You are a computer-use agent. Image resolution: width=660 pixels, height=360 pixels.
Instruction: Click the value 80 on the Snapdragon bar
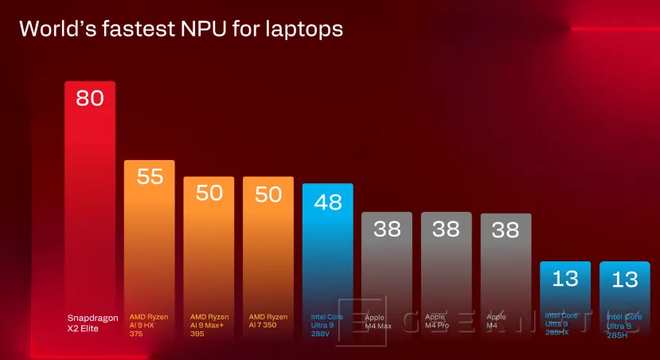pos(90,99)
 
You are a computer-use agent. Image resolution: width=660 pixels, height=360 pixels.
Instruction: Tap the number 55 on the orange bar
pos(150,176)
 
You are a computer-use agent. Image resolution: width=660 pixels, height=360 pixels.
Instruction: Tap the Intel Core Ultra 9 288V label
pos(326,325)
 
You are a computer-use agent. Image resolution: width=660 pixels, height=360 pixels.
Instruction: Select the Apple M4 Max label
pos(378,321)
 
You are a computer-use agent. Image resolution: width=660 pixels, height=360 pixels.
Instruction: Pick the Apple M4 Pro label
pos(438,321)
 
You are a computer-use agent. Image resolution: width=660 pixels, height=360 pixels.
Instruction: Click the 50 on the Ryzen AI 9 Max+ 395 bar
pos(209,193)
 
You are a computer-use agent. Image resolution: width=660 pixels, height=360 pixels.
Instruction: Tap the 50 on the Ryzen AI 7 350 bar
pos(268,193)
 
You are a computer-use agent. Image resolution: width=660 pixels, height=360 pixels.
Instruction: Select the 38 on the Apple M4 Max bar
pos(387,229)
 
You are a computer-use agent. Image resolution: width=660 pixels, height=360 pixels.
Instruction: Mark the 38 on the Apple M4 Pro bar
pos(446,229)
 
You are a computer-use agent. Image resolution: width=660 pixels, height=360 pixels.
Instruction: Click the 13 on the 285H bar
pos(625,279)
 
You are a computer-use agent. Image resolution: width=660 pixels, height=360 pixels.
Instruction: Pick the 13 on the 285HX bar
pos(565,279)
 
